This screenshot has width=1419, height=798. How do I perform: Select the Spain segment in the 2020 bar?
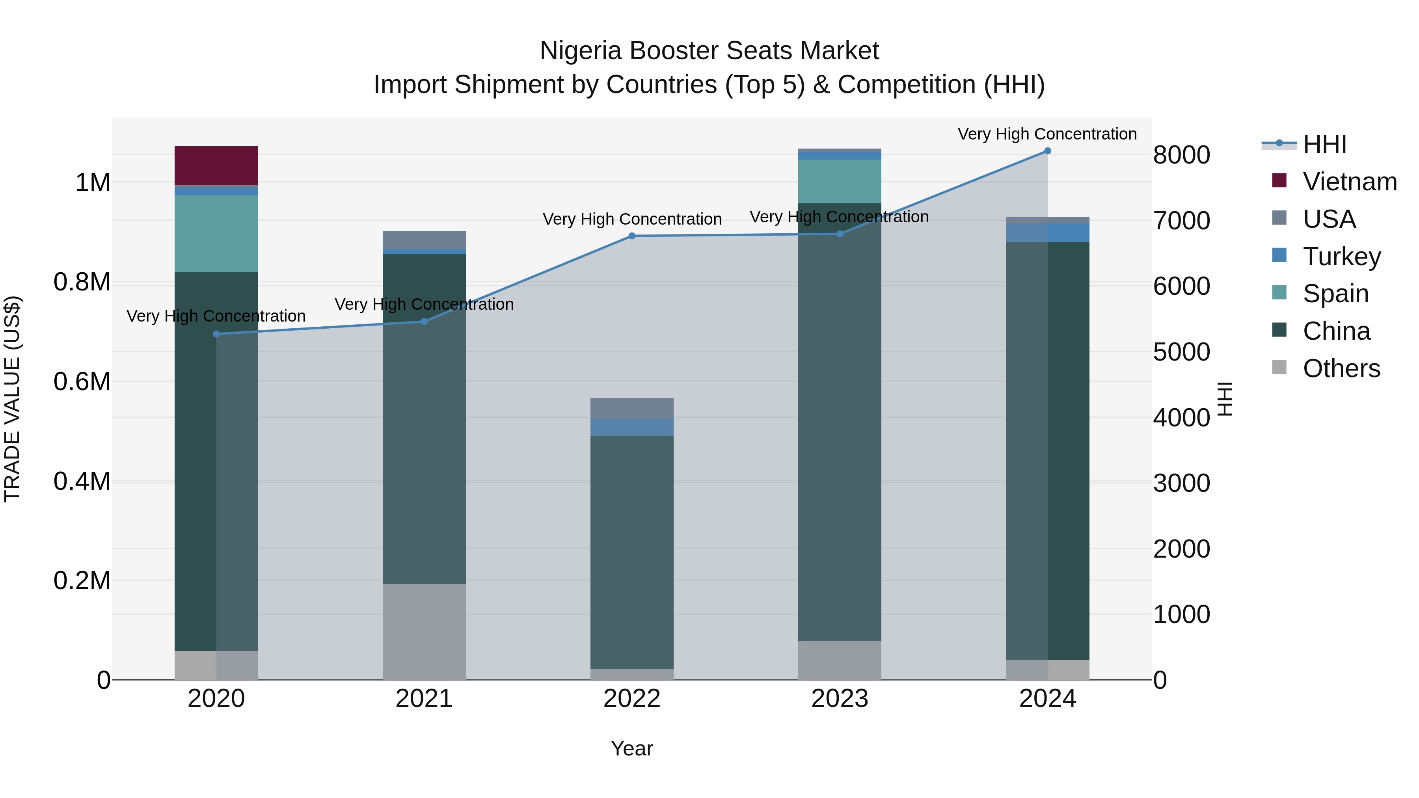pos(216,234)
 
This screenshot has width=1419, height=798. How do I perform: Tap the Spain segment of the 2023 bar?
pos(840,181)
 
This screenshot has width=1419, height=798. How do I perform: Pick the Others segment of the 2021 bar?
pos(424,631)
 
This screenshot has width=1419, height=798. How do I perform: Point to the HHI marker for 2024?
pos(1047,151)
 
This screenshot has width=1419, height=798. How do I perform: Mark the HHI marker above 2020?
pos(216,334)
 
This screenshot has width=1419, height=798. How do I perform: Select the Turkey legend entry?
pos(1341,256)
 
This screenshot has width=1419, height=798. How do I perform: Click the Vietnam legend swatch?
pos(1279,180)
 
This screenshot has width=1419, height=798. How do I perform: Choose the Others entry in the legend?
pos(1341,368)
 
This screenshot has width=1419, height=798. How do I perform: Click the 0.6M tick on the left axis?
pos(82,381)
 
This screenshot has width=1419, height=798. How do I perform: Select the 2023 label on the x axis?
pos(840,698)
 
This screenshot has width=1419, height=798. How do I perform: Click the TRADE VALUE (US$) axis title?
pos(12,399)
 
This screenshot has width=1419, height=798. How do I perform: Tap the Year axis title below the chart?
pos(632,748)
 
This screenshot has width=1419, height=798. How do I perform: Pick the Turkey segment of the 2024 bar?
pos(1047,233)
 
